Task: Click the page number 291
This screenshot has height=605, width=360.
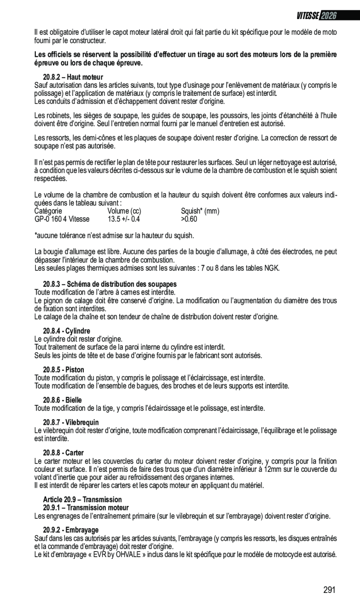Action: [x=329, y=590]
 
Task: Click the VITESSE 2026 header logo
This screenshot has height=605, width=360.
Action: [x=317, y=15]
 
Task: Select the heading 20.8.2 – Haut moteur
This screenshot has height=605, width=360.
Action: [x=73, y=77]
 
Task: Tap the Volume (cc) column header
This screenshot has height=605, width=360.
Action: [x=124, y=211]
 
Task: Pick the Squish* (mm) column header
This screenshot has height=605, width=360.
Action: [x=200, y=211]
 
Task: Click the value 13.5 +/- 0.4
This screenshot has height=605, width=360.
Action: [x=123, y=219]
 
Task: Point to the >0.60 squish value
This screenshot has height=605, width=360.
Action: [x=189, y=219]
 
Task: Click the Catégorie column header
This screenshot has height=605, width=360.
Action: [x=48, y=211]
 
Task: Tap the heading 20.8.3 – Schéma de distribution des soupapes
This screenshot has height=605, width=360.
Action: [x=110, y=284]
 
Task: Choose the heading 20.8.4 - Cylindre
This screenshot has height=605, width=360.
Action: [x=67, y=331]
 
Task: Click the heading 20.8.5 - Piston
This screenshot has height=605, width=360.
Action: [x=64, y=370]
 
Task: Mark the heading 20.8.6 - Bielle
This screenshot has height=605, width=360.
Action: [x=63, y=400]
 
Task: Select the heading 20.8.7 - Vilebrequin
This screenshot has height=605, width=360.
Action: [x=71, y=423]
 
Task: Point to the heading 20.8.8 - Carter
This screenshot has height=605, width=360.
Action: [x=63, y=453]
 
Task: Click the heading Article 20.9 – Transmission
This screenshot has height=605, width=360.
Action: [x=82, y=500]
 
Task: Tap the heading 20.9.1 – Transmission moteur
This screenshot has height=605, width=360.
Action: [x=86, y=508]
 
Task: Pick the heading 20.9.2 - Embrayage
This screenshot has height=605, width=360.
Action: [x=71, y=530]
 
